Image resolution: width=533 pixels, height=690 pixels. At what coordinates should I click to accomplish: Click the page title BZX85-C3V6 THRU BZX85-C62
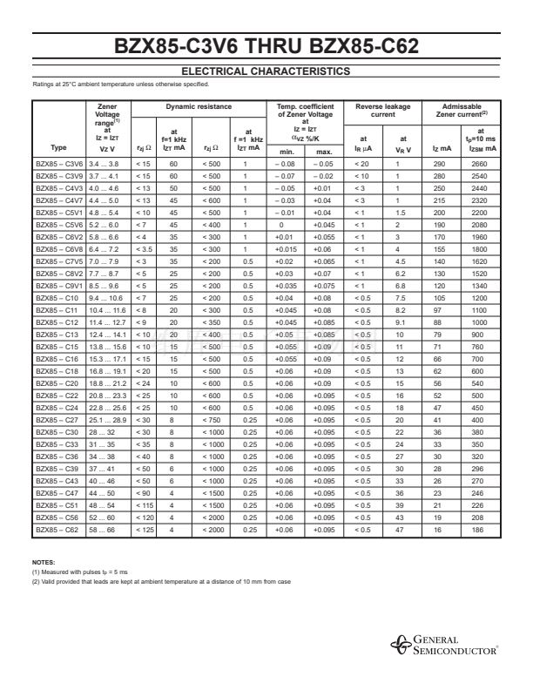266,47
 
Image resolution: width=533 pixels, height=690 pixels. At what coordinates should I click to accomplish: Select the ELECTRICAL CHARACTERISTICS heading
266,71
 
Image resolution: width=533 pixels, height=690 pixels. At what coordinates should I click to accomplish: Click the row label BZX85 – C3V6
58,164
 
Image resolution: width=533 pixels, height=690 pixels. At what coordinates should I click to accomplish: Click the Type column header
58,148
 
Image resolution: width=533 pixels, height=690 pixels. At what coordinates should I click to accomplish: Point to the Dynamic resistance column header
199,107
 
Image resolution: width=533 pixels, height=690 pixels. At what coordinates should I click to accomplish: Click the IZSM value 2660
478,164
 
